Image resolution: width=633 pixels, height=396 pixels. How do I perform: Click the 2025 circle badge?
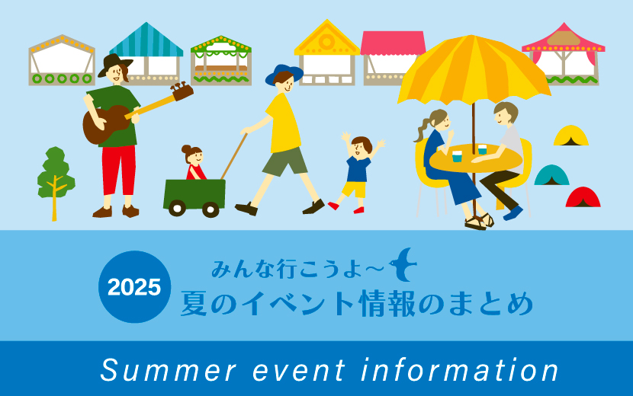tap(134, 286)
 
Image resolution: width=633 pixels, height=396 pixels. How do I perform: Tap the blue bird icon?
tap(403, 265)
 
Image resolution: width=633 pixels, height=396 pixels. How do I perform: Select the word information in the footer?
tap(460, 370)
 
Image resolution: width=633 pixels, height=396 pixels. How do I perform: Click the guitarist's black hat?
tap(114, 65)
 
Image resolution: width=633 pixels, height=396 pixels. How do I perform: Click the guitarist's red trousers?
tap(119, 170)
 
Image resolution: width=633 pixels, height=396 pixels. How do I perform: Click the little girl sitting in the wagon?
tap(194, 162)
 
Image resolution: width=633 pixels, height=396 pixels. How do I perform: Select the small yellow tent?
tap(570, 136)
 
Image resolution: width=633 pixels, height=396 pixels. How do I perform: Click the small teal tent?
tap(551, 175)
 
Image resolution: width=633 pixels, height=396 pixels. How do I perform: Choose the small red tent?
tap(583, 197)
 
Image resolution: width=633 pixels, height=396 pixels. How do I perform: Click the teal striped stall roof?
tap(146, 40)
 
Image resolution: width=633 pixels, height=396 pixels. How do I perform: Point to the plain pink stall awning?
tap(393, 43)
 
